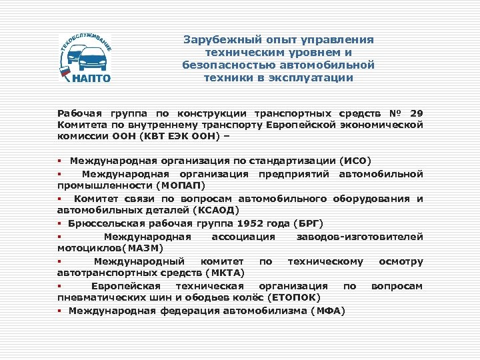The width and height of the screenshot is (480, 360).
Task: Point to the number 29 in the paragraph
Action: click(x=417, y=113)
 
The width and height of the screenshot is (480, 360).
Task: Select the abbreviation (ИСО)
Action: click(x=356, y=161)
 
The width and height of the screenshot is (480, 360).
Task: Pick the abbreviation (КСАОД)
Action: click(x=215, y=209)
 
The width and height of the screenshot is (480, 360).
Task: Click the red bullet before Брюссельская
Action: click(x=60, y=223)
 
